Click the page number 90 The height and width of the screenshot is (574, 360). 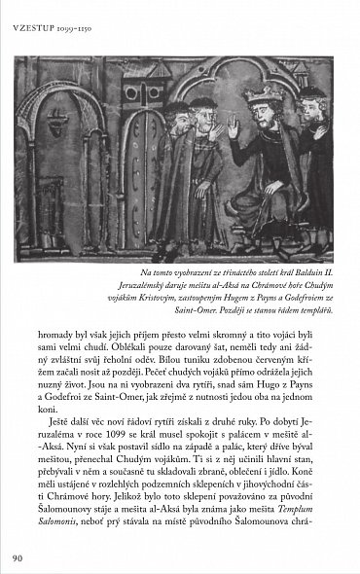[18, 557]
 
